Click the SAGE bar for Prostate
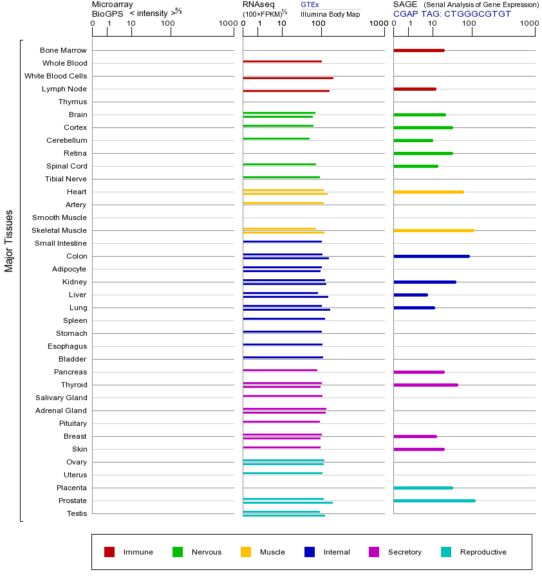[x=434, y=501]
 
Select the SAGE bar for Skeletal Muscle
[x=433, y=230]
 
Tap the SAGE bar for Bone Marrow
[x=418, y=50]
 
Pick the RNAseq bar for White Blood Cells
[x=288, y=78]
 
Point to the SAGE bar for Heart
[x=428, y=192]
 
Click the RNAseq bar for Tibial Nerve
[x=281, y=177]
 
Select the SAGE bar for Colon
[x=431, y=256]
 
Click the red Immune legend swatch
[x=109, y=552]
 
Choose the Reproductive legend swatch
[x=446, y=552]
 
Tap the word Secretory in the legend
[x=404, y=552]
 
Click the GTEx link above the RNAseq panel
[x=310, y=5]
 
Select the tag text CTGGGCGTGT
[x=478, y=14]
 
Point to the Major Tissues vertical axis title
[x=9, y=241]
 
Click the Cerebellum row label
[x=66, y=140]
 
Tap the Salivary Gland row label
[x=61, y=398]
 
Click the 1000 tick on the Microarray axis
[x=227, y=24]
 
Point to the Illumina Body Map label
[x=330, y=14]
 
